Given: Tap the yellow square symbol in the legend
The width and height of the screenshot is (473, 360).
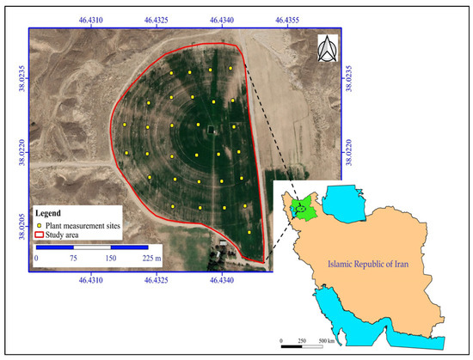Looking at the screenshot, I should click(x=39, y=223).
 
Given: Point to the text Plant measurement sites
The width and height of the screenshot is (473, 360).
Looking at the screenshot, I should click(x=84, y=223).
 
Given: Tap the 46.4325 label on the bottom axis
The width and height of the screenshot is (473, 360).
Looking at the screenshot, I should click(x=157, y=280).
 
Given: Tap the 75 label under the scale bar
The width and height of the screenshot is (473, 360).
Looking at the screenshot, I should click(x=74, y=257).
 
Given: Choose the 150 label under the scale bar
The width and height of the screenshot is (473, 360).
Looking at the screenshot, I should click(x=111, y=257).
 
